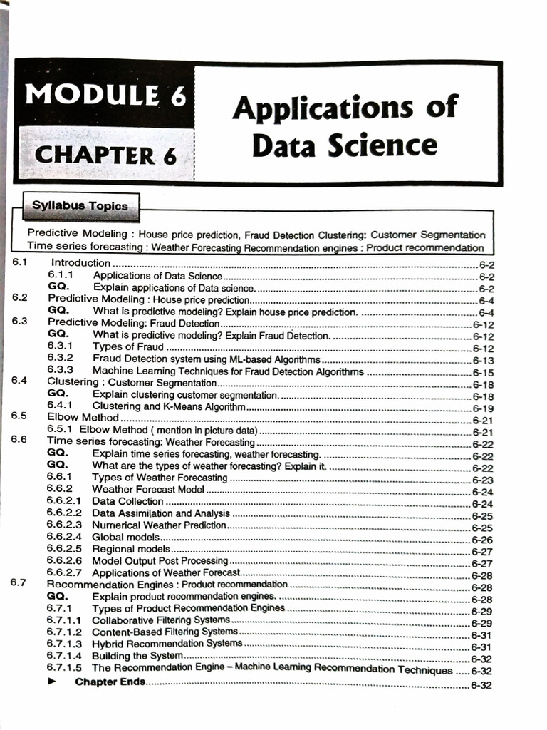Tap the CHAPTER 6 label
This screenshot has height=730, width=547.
[x=105, y=155]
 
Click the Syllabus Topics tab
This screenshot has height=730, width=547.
[x=80, y=206]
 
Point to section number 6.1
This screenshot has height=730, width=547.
[x=20, y=263]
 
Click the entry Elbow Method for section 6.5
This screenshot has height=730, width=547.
[x=83, y=418]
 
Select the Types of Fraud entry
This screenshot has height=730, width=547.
[x=128, y=347]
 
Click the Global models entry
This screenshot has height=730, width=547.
[x=125, y=538]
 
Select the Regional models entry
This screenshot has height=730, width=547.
[x=131, y=550]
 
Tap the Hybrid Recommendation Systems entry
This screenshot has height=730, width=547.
[x=167, y=643]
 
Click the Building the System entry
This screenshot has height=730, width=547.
[x=137, y=656]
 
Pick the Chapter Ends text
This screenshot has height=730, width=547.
[x=110, y=682]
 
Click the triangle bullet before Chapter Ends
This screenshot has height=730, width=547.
[x=51, y=682]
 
